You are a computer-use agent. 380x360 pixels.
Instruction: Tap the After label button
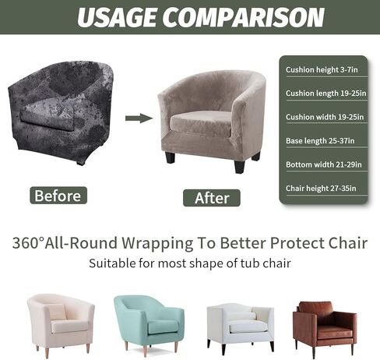(x=212, y=198)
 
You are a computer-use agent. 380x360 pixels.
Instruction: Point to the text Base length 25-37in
(x=319, y=140)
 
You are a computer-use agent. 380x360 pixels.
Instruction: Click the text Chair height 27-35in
(x=319, y=188)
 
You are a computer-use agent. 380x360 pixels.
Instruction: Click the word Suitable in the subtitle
(x=114, y=263)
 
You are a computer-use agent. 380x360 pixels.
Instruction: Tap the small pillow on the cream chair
(x=55, y=312)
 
